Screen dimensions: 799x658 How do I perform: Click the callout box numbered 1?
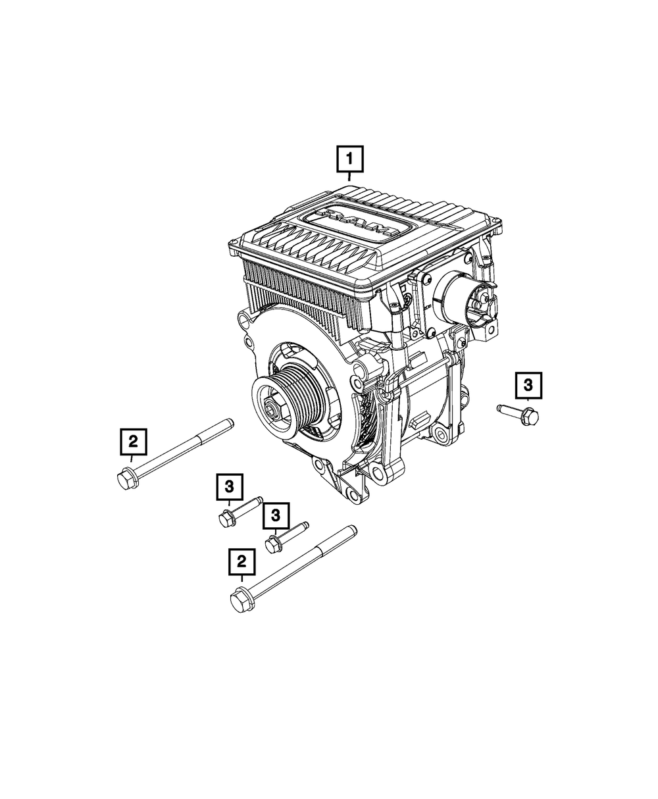coord(349,159)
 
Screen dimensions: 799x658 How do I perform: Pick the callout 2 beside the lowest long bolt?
coord(242,561)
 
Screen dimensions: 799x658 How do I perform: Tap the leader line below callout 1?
coord(349,176)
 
